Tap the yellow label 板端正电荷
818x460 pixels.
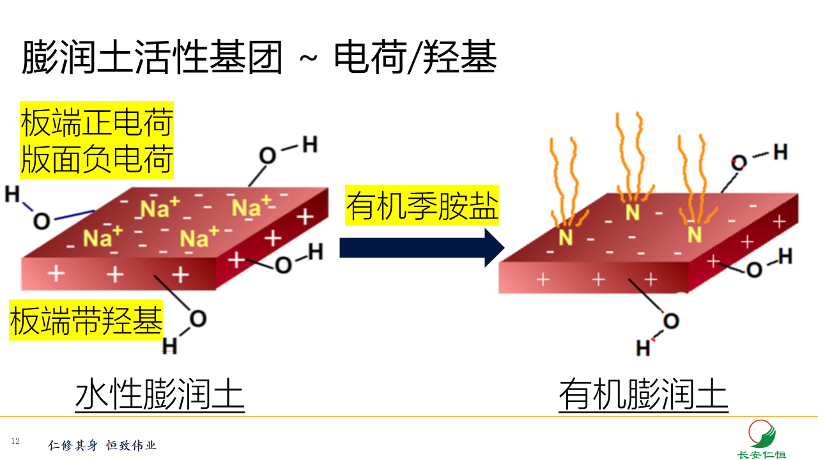(96, 123)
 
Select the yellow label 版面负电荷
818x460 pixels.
(96, 160)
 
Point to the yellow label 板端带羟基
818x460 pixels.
(86, 321)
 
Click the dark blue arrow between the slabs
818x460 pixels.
(422, 247)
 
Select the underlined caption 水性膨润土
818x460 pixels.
(160, 394)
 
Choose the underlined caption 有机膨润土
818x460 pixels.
(644, 394)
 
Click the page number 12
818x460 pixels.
(15, 441)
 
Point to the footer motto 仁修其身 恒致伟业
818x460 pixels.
(102, 445)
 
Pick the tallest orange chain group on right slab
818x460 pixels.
(629, 153)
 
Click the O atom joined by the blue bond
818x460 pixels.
(42, 221)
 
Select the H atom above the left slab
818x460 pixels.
(310, 145)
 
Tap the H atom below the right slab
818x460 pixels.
(643, 348)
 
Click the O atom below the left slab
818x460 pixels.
(198, 319)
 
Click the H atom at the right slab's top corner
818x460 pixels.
(780, 152)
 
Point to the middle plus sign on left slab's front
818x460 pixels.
(115, 275)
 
